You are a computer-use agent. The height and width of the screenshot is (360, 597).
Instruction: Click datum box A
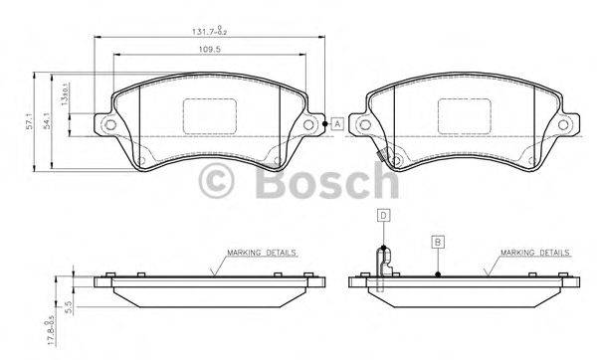tap(337, 123)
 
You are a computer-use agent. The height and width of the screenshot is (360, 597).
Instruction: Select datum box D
tap(381, 214)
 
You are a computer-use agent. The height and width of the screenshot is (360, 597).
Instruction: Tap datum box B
tap(436, 240)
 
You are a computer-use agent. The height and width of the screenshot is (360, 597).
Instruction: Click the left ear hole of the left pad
tap(109, 124)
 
